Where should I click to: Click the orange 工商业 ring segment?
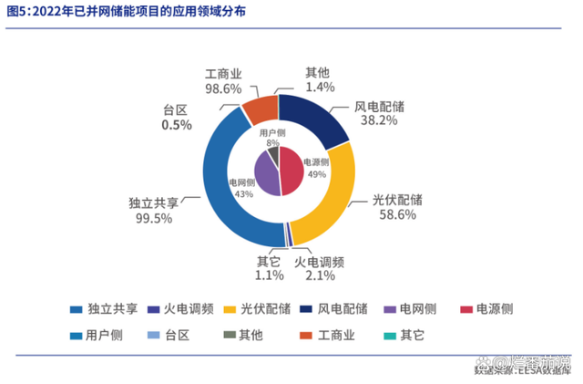[259, 108]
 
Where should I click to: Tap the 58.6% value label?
[394, 215]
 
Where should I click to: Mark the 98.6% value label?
[223, 88]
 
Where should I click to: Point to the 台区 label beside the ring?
[175, 109]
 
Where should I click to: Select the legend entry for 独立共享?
[104, 307]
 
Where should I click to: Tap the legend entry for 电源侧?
[492, 307]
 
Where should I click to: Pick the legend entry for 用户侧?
[104, 335]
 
